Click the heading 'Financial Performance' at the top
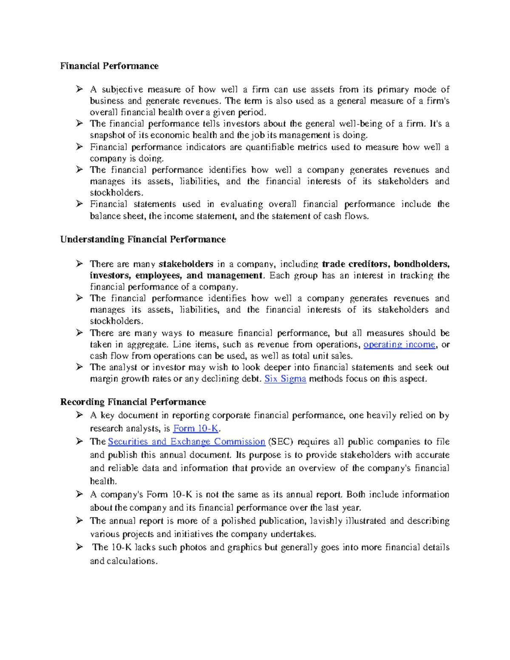[x=109, y=66]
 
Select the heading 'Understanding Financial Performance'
[x=143, y=239]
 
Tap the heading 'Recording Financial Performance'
[x=133, y=402]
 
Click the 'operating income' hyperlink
[x=399, y=345]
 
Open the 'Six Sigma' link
[x=285, y=379]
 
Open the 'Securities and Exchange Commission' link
[x=187, y=442]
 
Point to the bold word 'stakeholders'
[x=186, y=264]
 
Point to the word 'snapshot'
[x=107, y=136]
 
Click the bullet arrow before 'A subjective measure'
[x=79, y=89]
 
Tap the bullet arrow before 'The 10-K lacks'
[x=79, y=547]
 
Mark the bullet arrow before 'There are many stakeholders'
[x=79, y=264]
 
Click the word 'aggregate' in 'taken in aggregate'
[x=147, y=345]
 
